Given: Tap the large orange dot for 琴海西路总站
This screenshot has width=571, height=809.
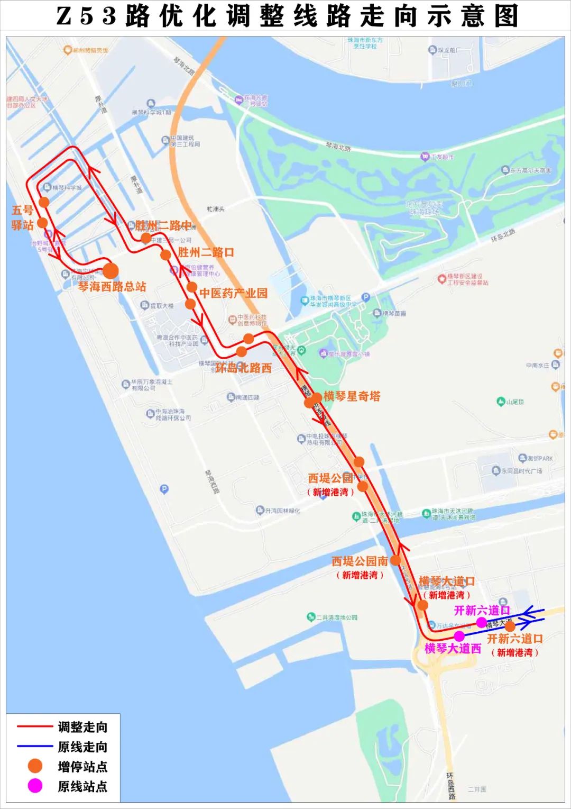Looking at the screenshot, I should (x=110, y=270).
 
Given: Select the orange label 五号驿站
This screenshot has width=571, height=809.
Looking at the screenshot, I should (x=22, y=217).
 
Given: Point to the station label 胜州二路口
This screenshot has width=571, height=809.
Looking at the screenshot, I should (x=206, y=252).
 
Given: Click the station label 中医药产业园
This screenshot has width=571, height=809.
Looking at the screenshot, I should (x=233, y=293).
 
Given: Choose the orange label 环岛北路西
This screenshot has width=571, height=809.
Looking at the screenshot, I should (x=243, y=368).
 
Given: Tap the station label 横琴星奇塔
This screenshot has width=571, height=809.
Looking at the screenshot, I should (x=352, y=396).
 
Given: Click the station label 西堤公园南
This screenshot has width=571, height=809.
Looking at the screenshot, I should (x=360, y=561).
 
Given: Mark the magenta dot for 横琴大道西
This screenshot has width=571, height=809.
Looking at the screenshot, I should (x=459, y=635).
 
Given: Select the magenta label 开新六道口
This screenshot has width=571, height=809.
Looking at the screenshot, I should (x=482, y=610).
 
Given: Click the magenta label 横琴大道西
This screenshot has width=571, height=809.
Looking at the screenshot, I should (x=453, y=649).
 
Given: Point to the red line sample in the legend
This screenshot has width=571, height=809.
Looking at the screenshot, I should (x=35, y=726).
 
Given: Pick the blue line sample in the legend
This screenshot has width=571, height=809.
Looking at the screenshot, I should (x=35, y=747).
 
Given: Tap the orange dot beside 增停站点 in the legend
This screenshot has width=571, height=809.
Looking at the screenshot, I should (x=35, y=766).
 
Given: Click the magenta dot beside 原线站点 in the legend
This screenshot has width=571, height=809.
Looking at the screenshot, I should (x=35, y=786).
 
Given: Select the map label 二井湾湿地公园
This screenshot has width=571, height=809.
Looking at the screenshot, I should (x=336, y=617).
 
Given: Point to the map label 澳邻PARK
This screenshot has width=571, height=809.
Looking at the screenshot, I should (x=539, y=458).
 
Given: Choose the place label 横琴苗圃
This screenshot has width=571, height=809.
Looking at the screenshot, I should (x=394, y=313).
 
